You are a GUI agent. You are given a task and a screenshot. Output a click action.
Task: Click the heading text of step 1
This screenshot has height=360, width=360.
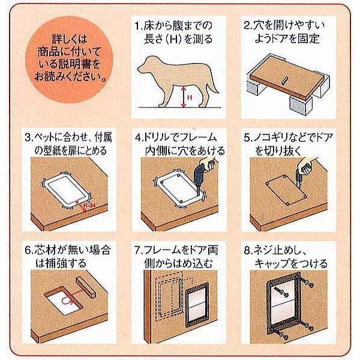pos(175,32)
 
